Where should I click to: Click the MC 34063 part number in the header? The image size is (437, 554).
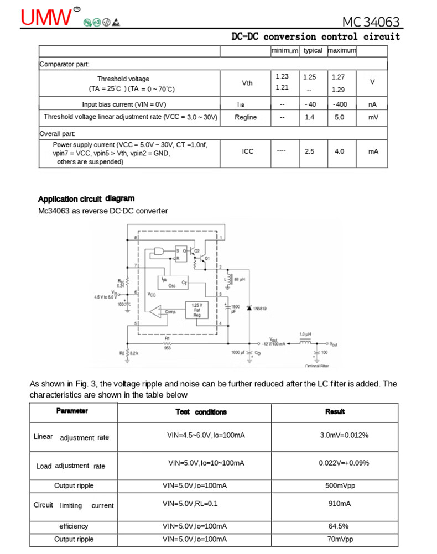click(370, 22)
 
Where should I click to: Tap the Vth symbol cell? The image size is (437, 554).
click(247, 83)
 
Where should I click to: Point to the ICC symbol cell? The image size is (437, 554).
click(247, 151)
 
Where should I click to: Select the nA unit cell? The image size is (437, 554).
click(372, 104)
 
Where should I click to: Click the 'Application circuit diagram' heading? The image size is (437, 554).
click(86, 199)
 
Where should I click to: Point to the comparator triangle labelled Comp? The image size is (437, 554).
click(166, 312)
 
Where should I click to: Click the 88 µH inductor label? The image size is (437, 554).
click(239, 280)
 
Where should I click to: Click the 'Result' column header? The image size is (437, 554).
click(335, 412)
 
